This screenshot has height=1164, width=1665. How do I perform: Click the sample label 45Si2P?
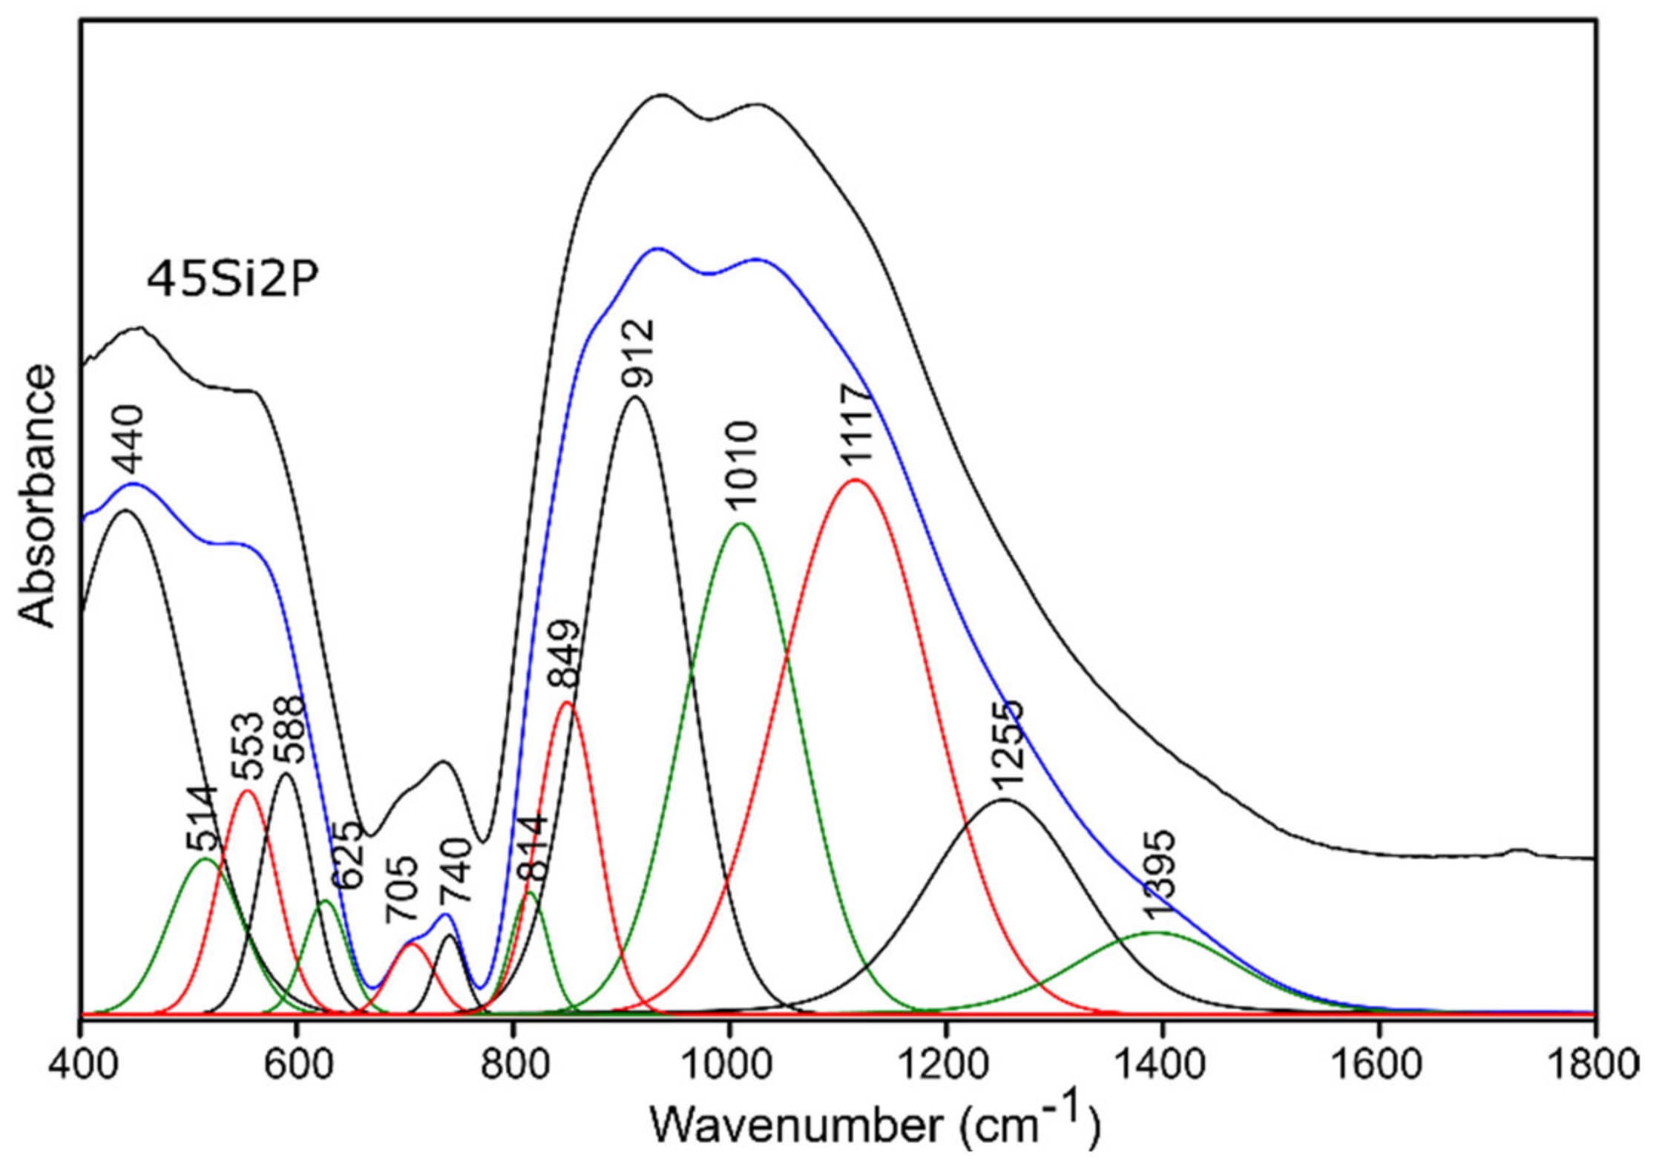tap(232, 281)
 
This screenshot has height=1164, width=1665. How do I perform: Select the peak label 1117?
tap(855, 425)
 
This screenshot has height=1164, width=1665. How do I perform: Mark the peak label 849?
tap(564, 654)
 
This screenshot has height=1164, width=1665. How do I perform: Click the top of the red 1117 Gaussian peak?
tap(855, 480)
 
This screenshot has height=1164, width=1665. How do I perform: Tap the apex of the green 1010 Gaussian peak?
tap(740, 524)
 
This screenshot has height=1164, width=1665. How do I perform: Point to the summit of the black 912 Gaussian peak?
tap(635, 398)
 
